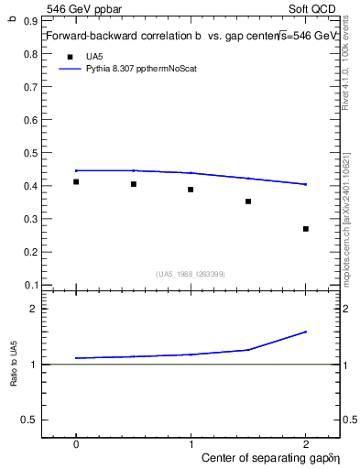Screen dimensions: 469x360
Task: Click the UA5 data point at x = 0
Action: point(76,181)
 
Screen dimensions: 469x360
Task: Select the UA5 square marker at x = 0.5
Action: point(134,184)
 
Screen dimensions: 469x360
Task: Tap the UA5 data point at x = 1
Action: point(191,190)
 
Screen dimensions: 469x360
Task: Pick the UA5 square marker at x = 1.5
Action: point(248,202)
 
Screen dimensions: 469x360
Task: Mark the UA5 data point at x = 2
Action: point(306,229)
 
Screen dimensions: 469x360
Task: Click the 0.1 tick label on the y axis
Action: point(31,284)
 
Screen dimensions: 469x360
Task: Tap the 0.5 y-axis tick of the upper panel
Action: point(31,153)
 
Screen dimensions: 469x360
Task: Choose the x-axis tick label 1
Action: point(191,442)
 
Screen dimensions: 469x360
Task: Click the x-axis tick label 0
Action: point(76,442)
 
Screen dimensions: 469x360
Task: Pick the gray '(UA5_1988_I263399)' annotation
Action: point(191,273)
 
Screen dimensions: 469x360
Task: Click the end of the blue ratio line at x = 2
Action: point(306,332)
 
